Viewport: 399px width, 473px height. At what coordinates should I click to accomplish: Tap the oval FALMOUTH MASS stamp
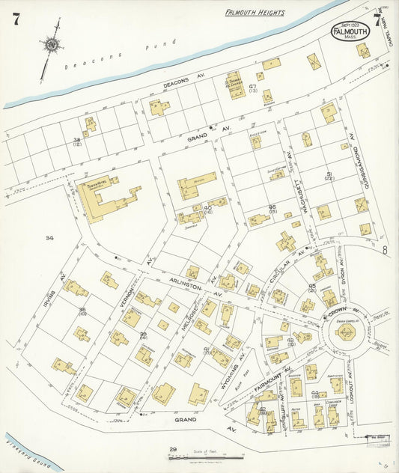pos(350,32)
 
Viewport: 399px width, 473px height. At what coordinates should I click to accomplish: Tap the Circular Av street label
pos(288,266)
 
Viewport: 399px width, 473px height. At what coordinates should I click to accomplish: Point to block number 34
pos(49,239)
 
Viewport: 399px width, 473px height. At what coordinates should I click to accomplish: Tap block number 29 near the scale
pos(171,449)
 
